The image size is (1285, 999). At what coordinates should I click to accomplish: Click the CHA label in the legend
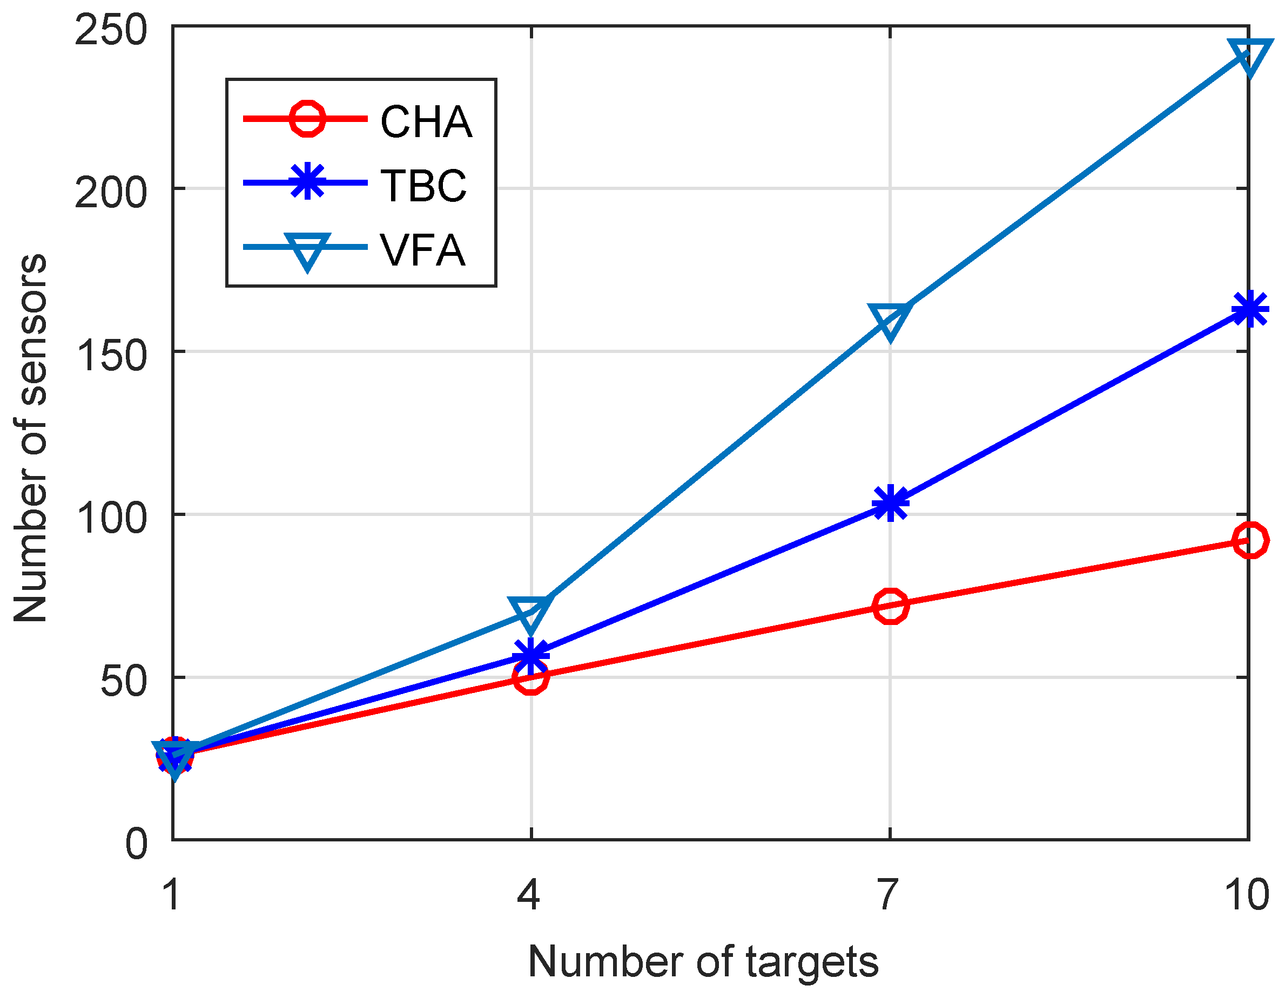click(x=426, y=122)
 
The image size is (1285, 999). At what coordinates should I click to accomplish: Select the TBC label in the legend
click(x=423, y=185)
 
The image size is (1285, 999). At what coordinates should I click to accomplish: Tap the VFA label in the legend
click(x=422, y=250)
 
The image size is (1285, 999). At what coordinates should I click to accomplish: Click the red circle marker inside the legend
click(x=307, y=119)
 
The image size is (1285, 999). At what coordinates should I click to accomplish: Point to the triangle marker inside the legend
click(x=307, y=249)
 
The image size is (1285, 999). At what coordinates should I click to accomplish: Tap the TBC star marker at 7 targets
click(x=890, y=504)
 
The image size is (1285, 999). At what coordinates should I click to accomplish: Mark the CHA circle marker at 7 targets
click(x=890, y=605)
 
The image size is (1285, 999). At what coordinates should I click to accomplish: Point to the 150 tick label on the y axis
click(x=110, y=355)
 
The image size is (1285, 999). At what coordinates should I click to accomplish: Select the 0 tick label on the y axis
click(x=136, y=844)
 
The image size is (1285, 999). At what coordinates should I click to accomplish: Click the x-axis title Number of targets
click(x=703, y=962)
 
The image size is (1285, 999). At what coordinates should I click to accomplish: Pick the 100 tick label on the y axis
click(x=110, y=518)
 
